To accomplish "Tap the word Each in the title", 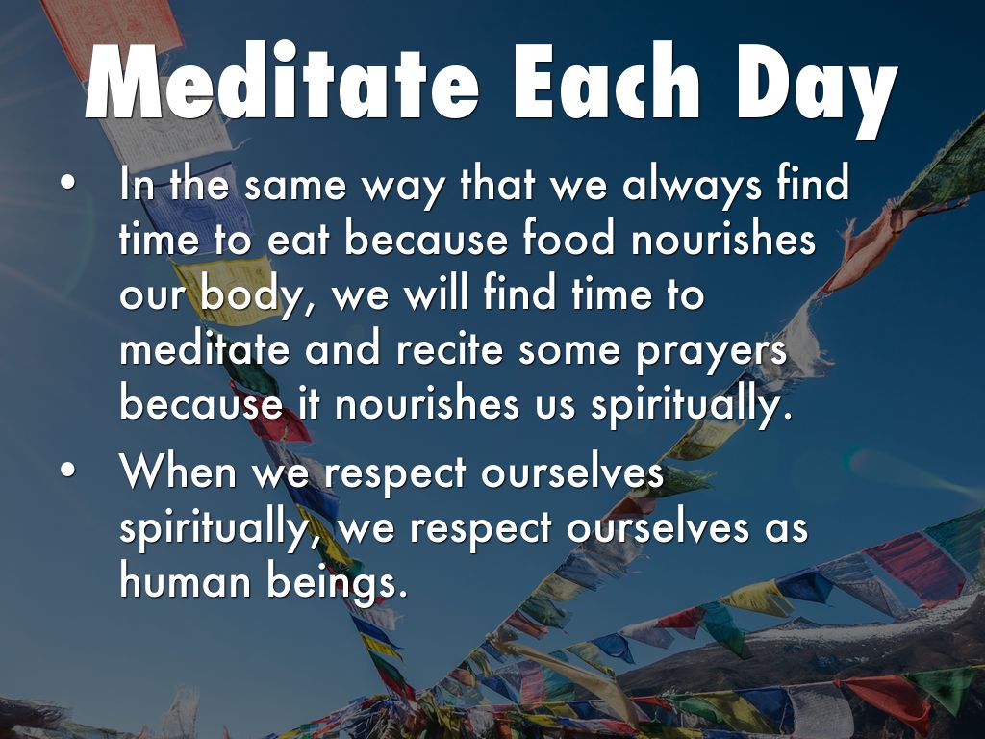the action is click(x=608, y=82).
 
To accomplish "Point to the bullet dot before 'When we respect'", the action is click(x=68, y=471).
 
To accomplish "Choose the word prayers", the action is click(x=711, y=352).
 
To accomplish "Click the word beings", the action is click(x=333, y=584).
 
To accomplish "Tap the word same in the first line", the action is click(x=294, y=187).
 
